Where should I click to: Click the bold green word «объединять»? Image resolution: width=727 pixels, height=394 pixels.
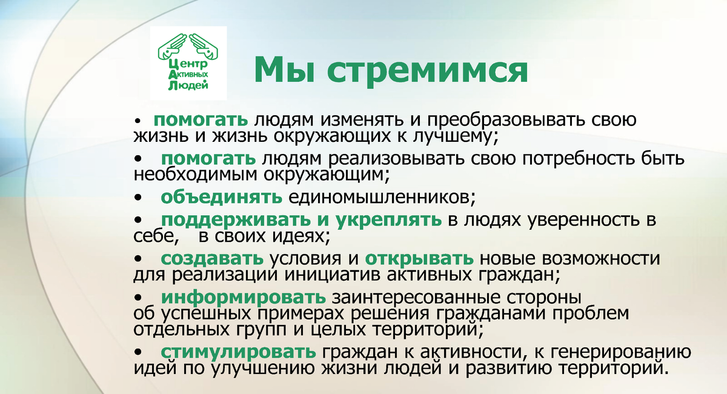(221, 197)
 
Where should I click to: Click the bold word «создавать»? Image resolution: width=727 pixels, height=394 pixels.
(212, 258)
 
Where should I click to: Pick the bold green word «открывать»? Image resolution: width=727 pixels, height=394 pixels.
(419, 258)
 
